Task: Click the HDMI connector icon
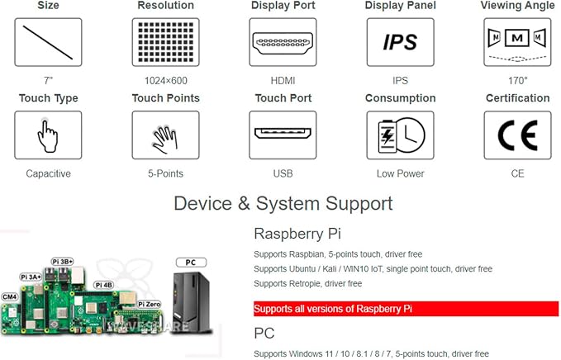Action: click(283, 43)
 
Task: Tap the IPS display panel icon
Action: click(401, 43)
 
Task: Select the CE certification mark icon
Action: click(518, 135)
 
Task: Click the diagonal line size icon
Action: click(48, 43)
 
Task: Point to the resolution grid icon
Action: click(165, 43)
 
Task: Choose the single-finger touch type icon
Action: click(48, 135)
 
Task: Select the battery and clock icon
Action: click(401, 135)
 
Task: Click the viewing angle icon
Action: click(517, 43)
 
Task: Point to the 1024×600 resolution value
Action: click(165, 81)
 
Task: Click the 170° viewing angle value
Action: click(518, 81)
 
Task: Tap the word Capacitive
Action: click(48, 173)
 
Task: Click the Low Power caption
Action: click(401, 173)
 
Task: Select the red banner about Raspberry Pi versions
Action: click(406, 309)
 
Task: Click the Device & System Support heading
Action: click(283, 203)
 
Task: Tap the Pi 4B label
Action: click(104, 285)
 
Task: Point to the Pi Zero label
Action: click(150, 304)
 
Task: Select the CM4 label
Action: click(10, 296)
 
